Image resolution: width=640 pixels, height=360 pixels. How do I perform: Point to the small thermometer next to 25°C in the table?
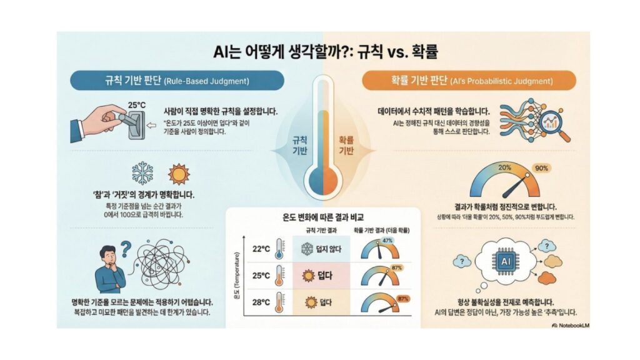pyautogui.click(x=279, y=275)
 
